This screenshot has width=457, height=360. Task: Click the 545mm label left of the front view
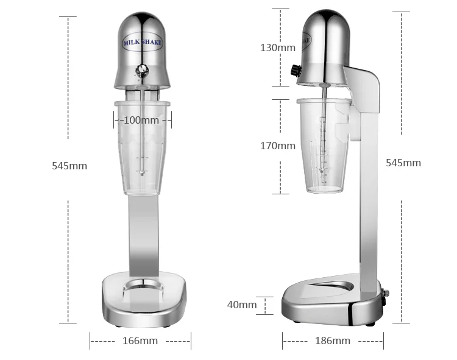coord(69,166)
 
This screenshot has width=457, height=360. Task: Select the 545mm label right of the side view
coord(403,163)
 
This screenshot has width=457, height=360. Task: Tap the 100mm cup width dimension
coord(141,120)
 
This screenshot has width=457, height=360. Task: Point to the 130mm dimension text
coord(278,48)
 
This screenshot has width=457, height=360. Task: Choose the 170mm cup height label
coord(278,146)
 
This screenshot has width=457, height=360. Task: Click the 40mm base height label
coord(242,305)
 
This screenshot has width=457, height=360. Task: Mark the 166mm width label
coord(140,341)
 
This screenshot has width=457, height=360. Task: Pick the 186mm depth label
coord(333,341)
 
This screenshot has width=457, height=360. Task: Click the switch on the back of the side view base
coord(385,295)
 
